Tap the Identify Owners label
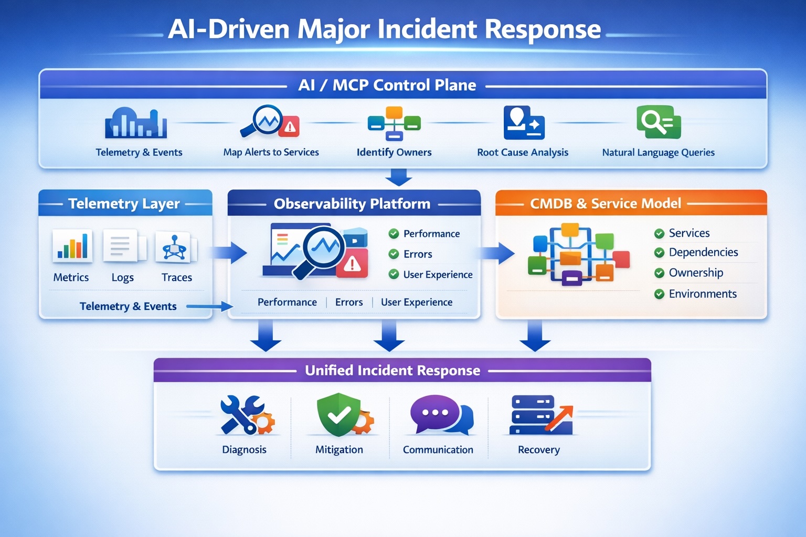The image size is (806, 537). coord(394,153)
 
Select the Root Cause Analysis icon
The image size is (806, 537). coord(523,123)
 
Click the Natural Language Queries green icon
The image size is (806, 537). coord(658,122)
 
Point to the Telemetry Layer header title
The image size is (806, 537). coord(124,203)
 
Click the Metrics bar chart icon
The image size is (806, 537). coord(72,246)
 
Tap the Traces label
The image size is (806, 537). coord(177,277)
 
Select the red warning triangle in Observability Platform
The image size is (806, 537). coord(352,264)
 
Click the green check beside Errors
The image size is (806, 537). coord(394,254)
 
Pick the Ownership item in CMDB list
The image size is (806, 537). coord(696,273)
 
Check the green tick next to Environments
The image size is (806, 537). coord(659,294)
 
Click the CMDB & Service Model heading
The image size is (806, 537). coord(605,203)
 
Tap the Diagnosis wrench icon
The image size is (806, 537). coord(241,414)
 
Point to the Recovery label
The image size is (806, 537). coord(538,450)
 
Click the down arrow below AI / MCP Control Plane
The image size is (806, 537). coord(398,177)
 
